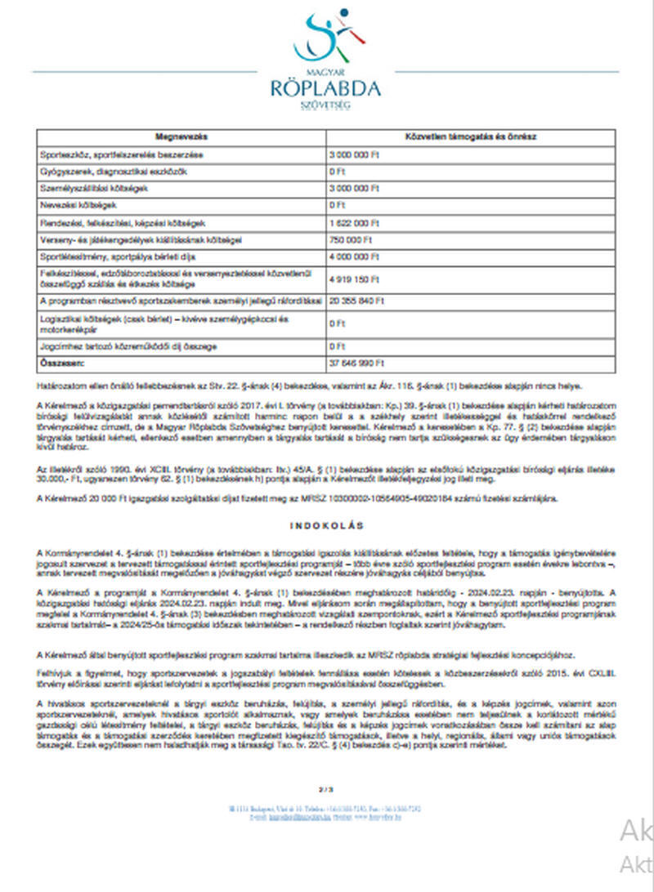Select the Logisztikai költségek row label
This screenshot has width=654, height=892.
[163, 323]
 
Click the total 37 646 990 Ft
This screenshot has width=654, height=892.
[356, 361]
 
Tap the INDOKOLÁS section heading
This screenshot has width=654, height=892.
[325, 524]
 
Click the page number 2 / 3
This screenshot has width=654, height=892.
[325, 789]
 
